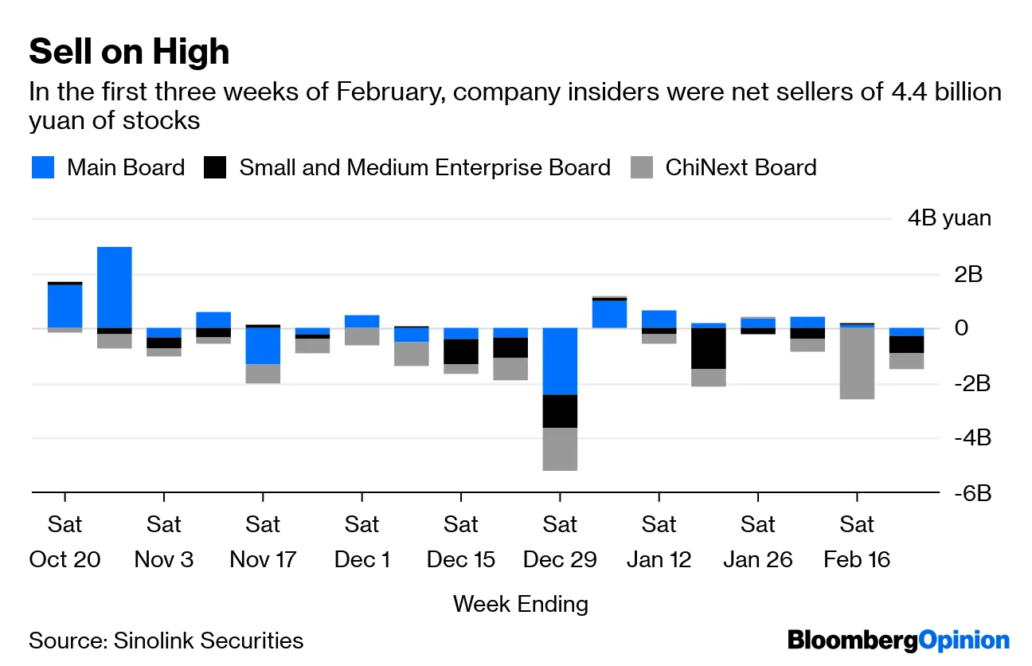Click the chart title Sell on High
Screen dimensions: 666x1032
129,52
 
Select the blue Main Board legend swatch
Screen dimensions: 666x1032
43,167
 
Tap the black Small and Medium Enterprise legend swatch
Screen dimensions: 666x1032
215,167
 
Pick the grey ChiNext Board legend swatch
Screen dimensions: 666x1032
642,167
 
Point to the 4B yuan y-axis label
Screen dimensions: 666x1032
949,218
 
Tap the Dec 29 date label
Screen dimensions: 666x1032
560,559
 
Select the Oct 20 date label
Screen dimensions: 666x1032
64,559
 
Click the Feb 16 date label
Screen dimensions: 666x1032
857,559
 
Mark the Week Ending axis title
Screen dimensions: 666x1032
521,604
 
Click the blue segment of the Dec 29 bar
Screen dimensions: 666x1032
560,361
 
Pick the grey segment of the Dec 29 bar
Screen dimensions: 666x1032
560,449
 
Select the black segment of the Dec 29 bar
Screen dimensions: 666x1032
560,411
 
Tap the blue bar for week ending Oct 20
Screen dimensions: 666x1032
64,305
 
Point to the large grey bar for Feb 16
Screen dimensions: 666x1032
857,363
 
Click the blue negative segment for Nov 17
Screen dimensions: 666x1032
263,346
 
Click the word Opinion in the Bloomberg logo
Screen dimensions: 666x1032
964,640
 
